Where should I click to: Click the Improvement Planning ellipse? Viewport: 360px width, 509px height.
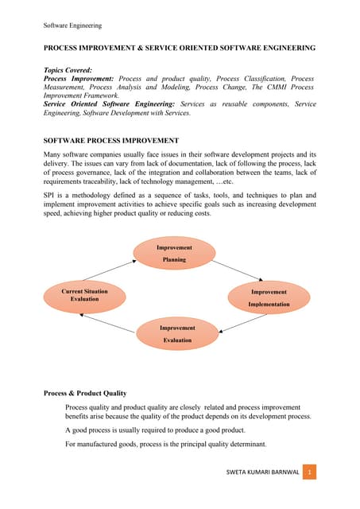click(x=173, y=254)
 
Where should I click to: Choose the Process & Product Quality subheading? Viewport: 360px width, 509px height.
click(x=87, y=393)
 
